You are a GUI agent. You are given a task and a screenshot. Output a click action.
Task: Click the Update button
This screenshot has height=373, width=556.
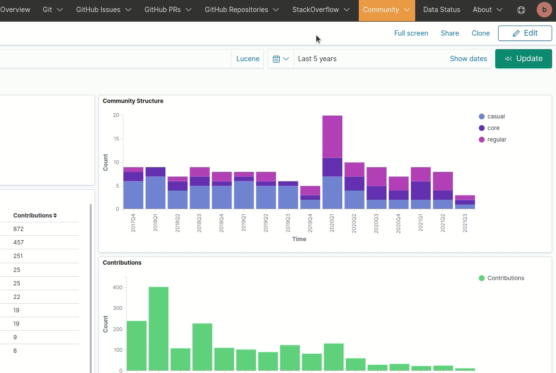(x=523, y=59)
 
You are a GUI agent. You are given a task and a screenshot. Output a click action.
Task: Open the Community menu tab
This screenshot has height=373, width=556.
(x=386, y=10)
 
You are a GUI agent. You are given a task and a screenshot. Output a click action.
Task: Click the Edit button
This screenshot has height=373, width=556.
(x=525, y=33)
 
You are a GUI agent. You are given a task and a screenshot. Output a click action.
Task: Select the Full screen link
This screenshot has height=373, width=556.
(x=411, y=33)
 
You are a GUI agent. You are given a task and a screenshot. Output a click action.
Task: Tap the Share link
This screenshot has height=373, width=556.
(x=449, y=33)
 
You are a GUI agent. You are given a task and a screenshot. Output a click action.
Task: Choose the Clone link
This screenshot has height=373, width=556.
(x=480, y=33)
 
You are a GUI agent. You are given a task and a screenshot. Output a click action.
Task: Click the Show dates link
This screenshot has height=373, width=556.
(x=468, y=59)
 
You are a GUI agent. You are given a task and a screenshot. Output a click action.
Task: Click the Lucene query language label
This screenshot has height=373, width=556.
(x=247, y=59)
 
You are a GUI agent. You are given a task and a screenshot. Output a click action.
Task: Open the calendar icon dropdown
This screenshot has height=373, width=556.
(x=281, y=59)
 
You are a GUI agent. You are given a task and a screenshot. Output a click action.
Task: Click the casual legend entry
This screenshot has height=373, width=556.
(x=496, y=116)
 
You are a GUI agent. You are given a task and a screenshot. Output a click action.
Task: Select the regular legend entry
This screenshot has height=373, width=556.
(x=497, y=140)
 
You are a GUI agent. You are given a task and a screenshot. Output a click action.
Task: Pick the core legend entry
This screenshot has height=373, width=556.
(x=493, y=128)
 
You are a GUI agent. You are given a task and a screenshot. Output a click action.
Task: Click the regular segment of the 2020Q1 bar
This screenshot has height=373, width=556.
(x=332, y=137)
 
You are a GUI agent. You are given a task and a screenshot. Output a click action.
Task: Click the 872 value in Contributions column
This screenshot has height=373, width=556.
(x=19, y=229)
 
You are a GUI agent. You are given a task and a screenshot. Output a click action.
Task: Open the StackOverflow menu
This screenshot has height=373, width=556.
(x=321, y=10)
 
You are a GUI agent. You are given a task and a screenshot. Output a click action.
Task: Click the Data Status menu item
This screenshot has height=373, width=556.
(x=441, y=10)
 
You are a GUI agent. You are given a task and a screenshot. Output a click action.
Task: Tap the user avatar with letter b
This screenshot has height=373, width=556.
(x=544, y=10)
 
